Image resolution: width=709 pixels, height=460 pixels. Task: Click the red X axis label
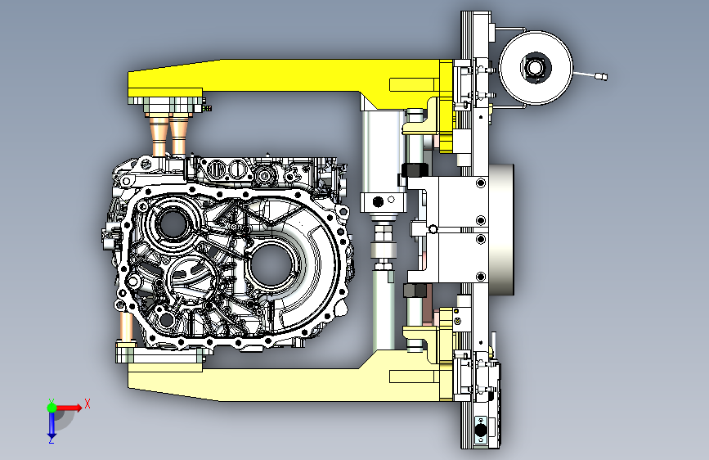(88, 404)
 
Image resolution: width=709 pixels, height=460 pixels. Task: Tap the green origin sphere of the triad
(52, 408)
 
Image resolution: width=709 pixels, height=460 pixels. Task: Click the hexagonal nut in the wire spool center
(536, 68)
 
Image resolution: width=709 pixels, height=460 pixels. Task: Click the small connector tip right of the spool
(601, 76)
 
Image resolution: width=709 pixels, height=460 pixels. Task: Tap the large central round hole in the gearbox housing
(271, 264)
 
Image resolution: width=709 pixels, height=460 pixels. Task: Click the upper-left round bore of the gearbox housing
(173, 224)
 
